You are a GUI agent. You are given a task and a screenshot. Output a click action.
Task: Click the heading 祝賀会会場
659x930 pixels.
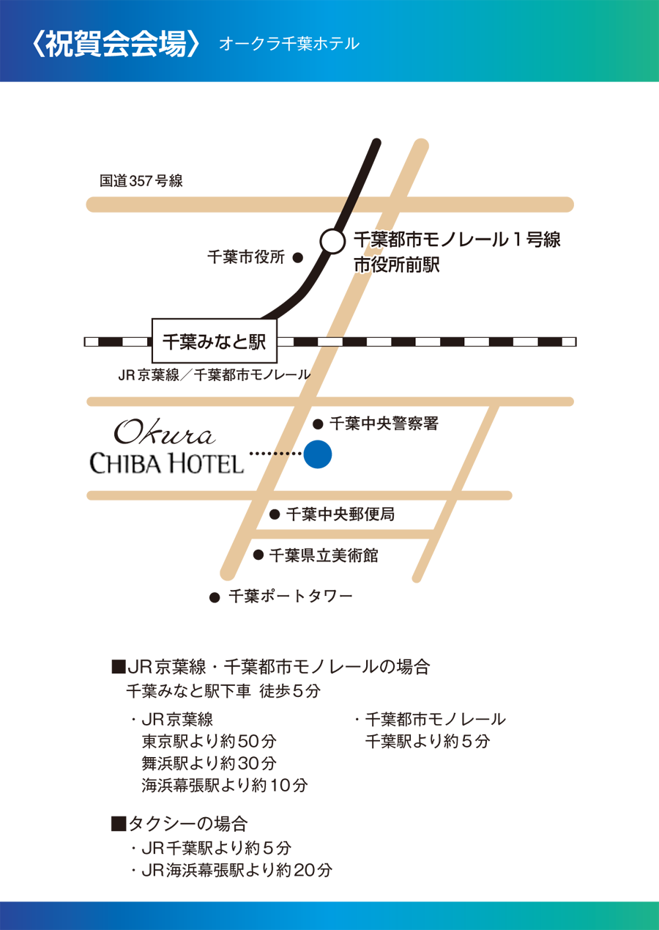115,45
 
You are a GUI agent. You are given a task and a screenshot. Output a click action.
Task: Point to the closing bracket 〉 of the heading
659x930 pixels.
194,45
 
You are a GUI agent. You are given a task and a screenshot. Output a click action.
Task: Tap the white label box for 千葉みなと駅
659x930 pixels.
214,342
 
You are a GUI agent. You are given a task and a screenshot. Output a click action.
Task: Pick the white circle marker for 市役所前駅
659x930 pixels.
333,241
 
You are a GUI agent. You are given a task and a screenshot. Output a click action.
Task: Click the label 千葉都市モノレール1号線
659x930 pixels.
457,240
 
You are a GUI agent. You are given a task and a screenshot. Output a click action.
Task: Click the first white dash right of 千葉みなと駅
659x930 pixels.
286,342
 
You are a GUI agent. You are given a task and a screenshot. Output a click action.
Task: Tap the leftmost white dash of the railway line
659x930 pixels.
92,342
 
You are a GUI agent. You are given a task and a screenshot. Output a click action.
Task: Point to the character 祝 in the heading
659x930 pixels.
59,45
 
